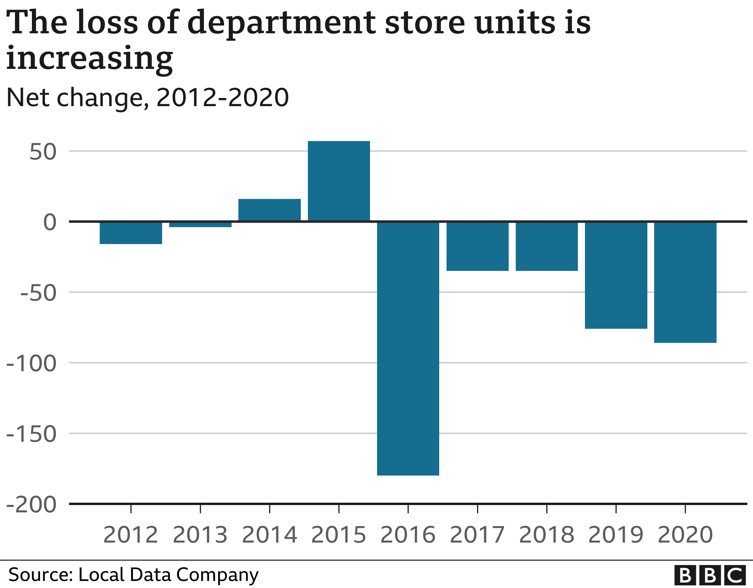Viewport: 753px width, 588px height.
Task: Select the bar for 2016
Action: [408, 348]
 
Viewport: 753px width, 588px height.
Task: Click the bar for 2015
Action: [339, 181]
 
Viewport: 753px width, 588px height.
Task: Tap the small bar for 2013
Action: [200, 225]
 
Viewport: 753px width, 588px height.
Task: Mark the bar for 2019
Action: [616, 275]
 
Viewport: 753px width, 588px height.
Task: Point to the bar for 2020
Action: [685, 282]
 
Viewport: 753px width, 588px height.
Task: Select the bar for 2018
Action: [547, 246]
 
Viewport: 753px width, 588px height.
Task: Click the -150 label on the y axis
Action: [32, 434]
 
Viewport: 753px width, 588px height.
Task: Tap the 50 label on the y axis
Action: [43, 152]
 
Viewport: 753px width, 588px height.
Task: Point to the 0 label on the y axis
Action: [50, 222]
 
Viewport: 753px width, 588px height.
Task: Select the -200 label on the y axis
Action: [32, 505]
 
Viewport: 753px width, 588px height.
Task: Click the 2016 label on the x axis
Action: [408, 535]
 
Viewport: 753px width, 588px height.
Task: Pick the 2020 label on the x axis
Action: [685, 535]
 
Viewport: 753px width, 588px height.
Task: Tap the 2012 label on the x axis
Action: [131, 535]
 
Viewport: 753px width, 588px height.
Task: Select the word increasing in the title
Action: [90, 59]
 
